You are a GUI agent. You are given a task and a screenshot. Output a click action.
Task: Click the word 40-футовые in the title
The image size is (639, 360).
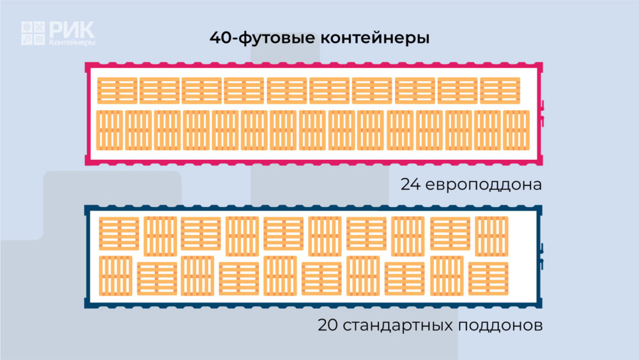(x=263, y=38)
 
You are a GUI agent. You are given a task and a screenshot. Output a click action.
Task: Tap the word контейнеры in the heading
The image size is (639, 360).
(x=375, y=38)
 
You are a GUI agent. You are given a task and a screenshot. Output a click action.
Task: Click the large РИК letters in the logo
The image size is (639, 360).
(x=72, y=30)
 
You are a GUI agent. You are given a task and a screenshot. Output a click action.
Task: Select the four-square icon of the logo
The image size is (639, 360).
(x=33, y=33)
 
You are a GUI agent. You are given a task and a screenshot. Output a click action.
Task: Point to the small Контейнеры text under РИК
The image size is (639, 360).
(x=72, y=42)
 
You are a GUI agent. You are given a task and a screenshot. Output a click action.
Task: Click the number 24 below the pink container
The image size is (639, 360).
(x=410, y=184)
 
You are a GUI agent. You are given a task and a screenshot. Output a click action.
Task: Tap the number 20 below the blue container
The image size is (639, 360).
(x=328, y=325)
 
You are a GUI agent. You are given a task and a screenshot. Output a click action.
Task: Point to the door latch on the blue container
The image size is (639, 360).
(x=542, y=256)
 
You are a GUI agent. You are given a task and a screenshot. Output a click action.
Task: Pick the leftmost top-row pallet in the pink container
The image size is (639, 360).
(x=118, y=91)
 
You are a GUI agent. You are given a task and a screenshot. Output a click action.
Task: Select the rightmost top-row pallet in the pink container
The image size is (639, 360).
(x=500, y=91)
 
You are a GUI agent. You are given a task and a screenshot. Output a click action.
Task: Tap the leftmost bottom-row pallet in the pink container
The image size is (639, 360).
(x=110, y=130)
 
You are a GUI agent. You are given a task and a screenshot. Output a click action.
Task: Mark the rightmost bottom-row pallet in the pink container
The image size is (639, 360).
(x=516, y=130)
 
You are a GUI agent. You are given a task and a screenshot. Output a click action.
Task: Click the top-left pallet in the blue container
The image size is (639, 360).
(x=119, y=233)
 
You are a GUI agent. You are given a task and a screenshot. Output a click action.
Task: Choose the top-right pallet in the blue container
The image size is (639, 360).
(x=492, y=236)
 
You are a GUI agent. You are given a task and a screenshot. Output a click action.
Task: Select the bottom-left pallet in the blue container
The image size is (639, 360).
(x=116, y=276)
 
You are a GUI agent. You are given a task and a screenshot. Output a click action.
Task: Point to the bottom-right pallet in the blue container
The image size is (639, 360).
(x=488, y=278)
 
